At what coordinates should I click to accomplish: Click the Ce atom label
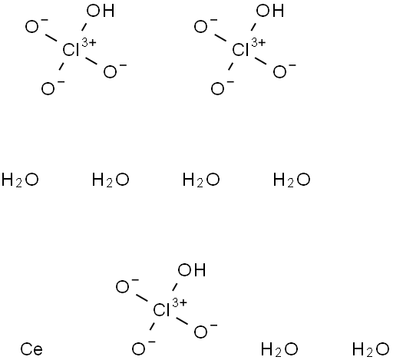pos(31,349)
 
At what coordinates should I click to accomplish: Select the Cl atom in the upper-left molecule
pos(71,50)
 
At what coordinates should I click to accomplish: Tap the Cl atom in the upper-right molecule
pos(240,50)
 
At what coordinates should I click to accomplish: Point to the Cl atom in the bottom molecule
pos(161,310)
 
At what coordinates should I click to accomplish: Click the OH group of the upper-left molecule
pos(101,11)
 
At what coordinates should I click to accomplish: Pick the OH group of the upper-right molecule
pos(270,11)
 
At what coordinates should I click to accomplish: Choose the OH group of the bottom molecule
pos(191,271)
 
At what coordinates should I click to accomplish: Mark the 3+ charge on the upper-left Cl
pos(89,42)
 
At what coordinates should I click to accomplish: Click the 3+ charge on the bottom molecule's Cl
pos(180,302)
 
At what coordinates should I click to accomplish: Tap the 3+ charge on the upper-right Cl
pos(259,42)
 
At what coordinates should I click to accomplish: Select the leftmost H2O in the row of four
pos(20,180)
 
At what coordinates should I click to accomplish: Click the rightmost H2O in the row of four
pos(292,180)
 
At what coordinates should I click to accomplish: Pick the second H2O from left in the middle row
pos(111,180)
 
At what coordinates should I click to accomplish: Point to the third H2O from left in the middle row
pos(201,180)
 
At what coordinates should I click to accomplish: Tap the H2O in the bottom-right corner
pos(371,349)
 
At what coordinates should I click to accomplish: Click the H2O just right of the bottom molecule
pos(279,349)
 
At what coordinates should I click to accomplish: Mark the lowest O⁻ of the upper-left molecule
pos(53,88)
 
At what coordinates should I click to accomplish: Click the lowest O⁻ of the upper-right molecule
pos(223,88)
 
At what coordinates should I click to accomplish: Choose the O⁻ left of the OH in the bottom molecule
pos(127,286)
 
